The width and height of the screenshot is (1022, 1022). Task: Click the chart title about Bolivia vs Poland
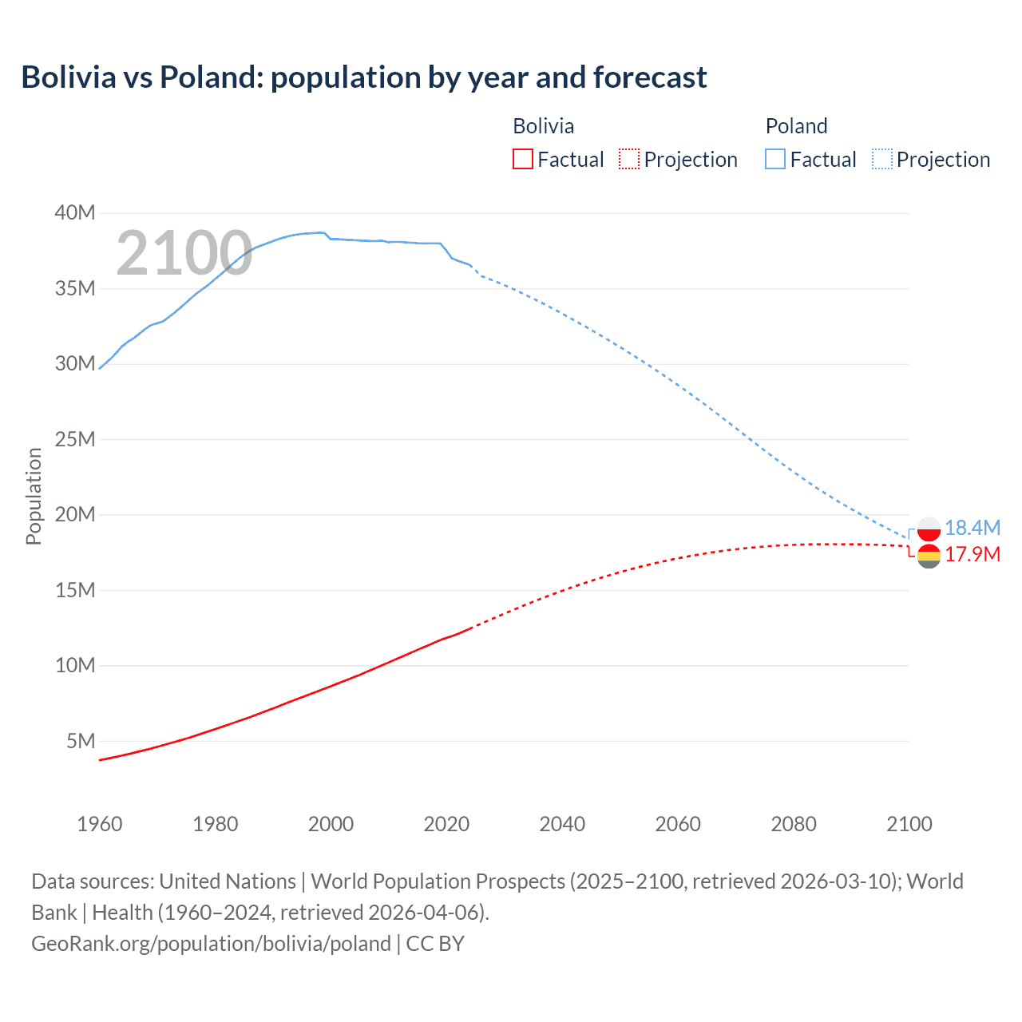tap(364, 77)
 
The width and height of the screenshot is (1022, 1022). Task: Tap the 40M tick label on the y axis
tap(75, 212)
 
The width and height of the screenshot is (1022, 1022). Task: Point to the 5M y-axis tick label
tap(81, 741)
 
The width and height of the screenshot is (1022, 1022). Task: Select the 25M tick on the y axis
tap(75, 439)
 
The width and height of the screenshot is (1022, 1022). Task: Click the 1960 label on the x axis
tap(100, 824)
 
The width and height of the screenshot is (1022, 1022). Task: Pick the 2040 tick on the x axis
tap(562, 824)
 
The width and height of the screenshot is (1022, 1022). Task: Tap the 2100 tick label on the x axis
tap(909, 824)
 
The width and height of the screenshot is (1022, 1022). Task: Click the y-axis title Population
tap(34, 496)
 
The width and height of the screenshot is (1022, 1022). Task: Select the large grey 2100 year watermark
tap(184, 254)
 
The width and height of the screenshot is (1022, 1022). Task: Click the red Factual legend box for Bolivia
tap(523, 160)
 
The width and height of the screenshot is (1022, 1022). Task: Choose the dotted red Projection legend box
tap(629, 160)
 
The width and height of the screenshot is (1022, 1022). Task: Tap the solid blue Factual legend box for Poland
tap(775, 160)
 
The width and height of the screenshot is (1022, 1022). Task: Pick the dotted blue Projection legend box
tap(882, 160)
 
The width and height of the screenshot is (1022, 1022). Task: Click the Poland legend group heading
tap(796, 126)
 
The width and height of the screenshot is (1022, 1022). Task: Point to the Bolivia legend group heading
tap(543, 126)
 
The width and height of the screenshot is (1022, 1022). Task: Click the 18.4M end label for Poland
tap(972, 528)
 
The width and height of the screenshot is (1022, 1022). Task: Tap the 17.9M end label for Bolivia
tap(972, 554)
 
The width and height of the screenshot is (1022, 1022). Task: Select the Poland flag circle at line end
tap(929, 529)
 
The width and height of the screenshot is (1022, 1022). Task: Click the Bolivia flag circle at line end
tap(929, 556)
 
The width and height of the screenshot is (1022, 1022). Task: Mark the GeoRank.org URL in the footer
tap(211, 944)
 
